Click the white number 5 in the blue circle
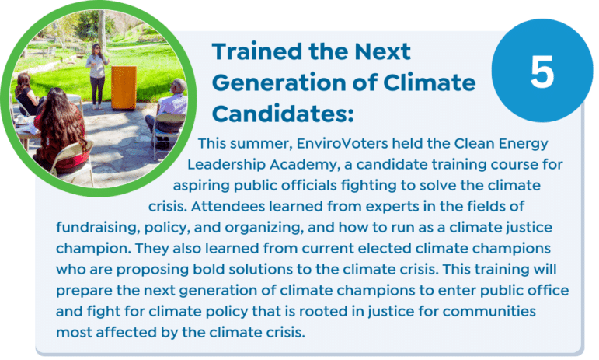tap(542, 72)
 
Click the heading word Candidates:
tap(283, 114)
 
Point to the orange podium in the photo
tap(124, 88)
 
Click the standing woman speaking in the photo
tap(96, 75)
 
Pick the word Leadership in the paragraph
tap(226, 165)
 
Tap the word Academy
tap(305, 165)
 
